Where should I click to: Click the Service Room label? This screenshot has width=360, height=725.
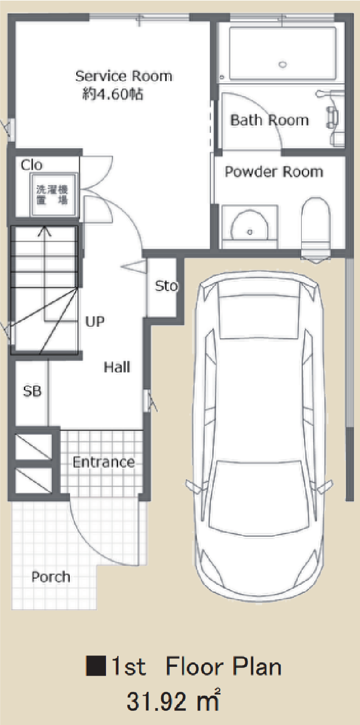[123, 76]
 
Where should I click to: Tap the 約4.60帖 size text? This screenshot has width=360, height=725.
[113, 94]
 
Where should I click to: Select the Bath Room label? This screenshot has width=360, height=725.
[269, 120]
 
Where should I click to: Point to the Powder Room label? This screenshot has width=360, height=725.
[274, 171]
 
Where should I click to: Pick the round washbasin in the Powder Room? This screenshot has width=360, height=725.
[249, 226]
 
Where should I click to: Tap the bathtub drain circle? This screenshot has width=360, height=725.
[283, 64]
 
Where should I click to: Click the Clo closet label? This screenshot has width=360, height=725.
[32, 165]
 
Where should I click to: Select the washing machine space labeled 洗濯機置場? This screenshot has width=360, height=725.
[53, 195]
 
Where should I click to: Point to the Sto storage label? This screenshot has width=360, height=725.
[166, 286]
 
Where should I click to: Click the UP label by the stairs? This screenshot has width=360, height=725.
[95, 321]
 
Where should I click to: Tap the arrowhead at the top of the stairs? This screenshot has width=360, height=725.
[45, 231]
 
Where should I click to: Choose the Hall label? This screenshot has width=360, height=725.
[117, 367]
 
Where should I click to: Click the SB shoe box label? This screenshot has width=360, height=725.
[32, 391]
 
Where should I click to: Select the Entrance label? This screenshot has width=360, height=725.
[104, 462]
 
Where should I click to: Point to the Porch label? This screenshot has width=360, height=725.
[51, 577]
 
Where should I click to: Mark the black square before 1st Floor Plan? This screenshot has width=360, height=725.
[96, 666]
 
